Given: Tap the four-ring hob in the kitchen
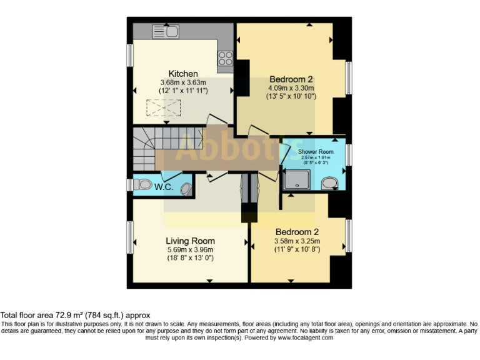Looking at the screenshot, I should pos(225,58).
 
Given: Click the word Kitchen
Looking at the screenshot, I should pos(183,73).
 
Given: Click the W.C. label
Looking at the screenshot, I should pos(164,186).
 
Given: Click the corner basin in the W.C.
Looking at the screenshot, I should pos(186,187).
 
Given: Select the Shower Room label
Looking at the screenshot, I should pos(315,151).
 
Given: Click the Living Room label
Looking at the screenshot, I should pos(190,241).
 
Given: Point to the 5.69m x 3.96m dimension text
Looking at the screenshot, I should pos(190,249).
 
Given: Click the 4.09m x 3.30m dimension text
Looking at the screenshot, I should pos(291,88).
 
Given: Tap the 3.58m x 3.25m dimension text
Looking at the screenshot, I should pos(297,241).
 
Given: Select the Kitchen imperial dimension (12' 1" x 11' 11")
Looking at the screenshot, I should pos(183,91).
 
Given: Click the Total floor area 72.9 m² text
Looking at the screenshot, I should pos(76,315).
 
